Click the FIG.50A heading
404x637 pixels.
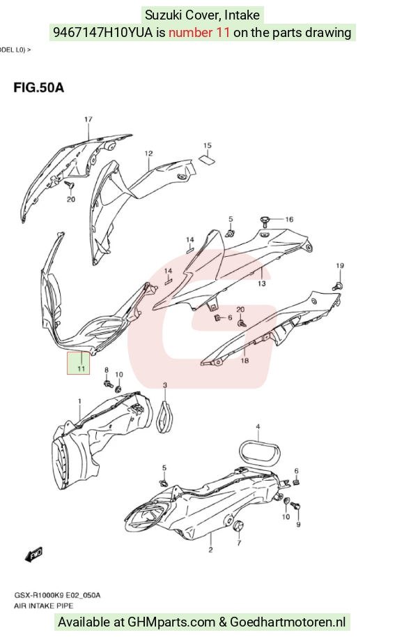(x=38, y=87)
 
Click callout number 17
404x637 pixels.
(x=88, y=119)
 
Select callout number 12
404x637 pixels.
(x=148, y=153)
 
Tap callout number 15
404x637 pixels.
(x=208, y=145)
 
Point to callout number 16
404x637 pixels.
(x=289, y=219)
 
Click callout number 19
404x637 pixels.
(x=340, y=266)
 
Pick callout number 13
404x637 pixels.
(x=262, y=283)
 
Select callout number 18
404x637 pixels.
(x=244, y=360)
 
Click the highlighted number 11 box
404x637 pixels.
(x=78, y=364)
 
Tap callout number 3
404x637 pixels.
(x=164, y=384)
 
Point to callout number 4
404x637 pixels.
(x=258, y=426)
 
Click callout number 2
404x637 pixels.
(x=210, y=550)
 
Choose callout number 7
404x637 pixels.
(x=239, y=543)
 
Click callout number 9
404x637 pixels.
(x=299, y=525)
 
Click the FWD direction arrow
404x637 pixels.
(x=33, y=555)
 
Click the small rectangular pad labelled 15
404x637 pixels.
(x=206, y=159)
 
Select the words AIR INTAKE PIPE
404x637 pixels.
(x=43, y=606)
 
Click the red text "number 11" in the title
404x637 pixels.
(x=199, y=33)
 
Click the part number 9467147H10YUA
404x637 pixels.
(x=103, y=33)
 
